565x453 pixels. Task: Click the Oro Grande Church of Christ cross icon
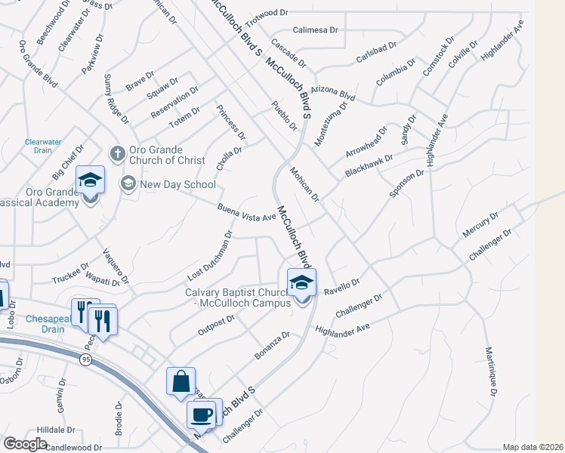point(117,153)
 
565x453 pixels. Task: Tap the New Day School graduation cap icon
point(128,183)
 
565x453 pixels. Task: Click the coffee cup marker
point(202,414)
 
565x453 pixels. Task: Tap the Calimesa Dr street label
point(316,29)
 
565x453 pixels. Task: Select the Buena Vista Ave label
point(246,215)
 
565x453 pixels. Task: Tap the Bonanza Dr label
point(271,344)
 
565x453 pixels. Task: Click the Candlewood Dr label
point(73,447)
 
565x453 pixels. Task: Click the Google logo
point(25,444)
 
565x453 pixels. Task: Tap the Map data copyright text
point(532,447)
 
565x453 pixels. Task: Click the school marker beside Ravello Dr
point(301,284)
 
